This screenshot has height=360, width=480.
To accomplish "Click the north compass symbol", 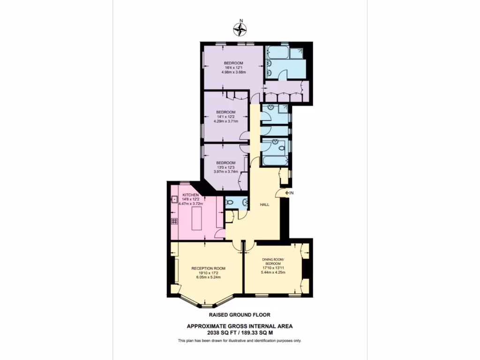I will [241, 30].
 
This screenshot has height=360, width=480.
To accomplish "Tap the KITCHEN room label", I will [191, 195].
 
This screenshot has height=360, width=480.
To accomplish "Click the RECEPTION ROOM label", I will [208, 269].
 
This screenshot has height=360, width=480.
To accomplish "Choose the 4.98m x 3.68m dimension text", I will [233, 72].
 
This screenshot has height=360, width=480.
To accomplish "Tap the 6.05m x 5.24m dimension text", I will [208, 277].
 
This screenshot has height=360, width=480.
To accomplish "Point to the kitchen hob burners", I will [174, 221].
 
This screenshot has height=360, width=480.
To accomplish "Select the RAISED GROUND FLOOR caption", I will [240, 315].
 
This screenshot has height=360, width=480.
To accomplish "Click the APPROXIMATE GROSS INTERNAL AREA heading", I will [240, 326].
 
